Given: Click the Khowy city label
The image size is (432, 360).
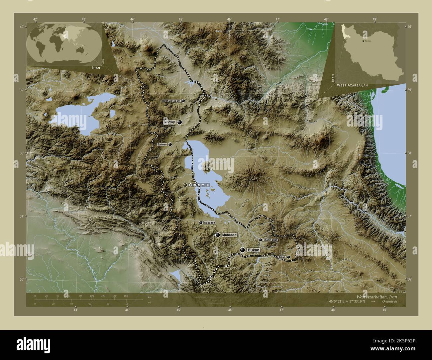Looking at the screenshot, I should (169, 123).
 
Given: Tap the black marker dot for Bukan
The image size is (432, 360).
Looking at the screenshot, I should (243, 250).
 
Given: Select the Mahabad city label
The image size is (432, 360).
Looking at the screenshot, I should (229, 235).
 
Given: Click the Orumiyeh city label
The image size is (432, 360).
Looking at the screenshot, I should (198, 185).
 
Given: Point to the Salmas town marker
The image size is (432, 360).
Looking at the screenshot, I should (170, 144).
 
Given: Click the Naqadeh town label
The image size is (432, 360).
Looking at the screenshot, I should (210, 223).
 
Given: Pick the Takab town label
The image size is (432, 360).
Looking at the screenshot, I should (282, 257).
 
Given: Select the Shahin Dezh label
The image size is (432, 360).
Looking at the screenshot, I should (270, 239).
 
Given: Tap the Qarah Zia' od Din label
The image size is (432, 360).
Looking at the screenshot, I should (171, 101).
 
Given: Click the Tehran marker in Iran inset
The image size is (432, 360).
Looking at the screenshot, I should (363, 41).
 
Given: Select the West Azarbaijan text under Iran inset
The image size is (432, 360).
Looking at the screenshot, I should (352, 85).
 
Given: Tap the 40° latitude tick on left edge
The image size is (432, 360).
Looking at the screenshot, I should (22, 27).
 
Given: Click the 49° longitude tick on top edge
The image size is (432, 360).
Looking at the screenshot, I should (375, 19).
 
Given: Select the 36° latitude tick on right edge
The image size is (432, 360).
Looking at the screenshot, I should (409, 279).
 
